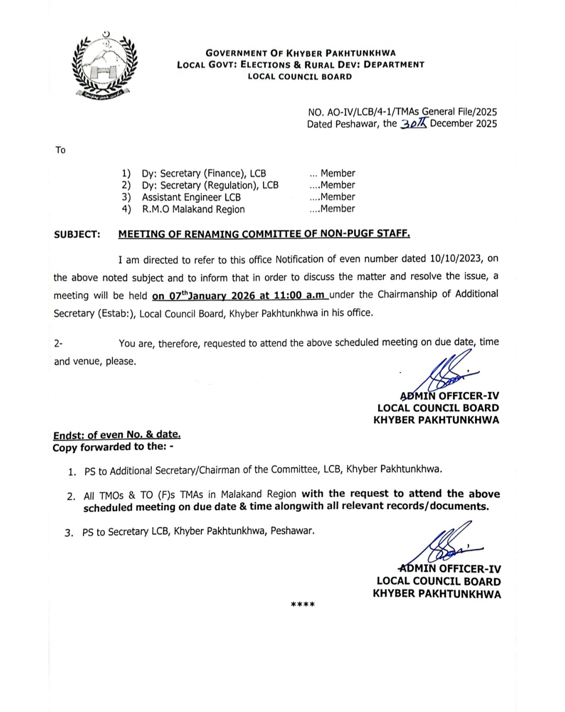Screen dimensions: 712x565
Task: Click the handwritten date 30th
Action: pyautogui.click(x=414, y=124)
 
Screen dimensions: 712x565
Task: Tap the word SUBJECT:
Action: pyautogui.click(x=77, y=235)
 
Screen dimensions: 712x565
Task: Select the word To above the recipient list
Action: pyautogui.click(x=61, y=150)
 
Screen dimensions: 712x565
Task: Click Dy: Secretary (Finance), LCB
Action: pyautogui.click(x=204, y=173)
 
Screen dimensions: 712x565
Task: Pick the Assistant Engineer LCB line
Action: pyautogui.click(x=191, y=197)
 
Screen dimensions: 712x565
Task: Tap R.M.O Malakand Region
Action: pyautogui.click(x=193, y=209)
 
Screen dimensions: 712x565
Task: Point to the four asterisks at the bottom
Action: pyautogui.click(x=302, y=605)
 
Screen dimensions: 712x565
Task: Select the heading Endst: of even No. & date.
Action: pyautogui.click(x=117, y=435)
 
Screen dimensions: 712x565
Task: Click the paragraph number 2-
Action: pyautogui.click(x=58, y=344)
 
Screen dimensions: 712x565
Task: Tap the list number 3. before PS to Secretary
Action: pyautogui.click(x=69, y=533)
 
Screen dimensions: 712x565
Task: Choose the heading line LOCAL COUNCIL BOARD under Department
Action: pyautogui.click(x=299, y=77)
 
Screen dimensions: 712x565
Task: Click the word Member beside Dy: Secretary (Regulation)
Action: pyautogui.click(x=337, y=185)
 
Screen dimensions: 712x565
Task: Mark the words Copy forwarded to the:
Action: pyautogui.click(x=110, y=447)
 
